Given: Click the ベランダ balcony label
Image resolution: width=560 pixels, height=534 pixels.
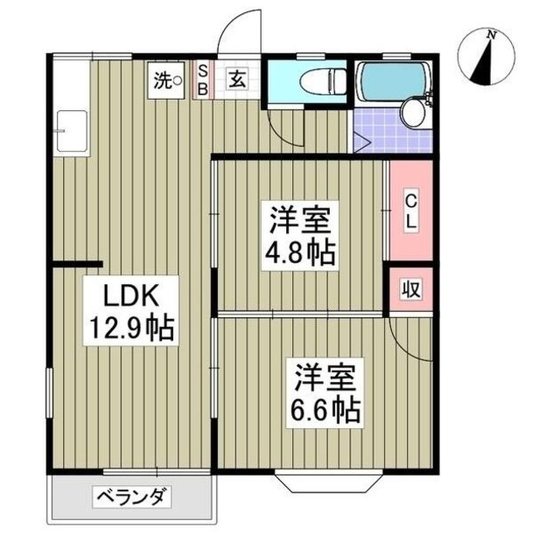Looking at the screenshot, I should tap(131, 499).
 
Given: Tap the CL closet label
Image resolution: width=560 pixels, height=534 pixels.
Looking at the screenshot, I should tap(409, 211).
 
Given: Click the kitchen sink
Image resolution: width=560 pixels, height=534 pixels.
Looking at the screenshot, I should tap(70, 132).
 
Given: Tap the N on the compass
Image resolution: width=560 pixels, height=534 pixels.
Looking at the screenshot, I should tap(492, 35).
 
